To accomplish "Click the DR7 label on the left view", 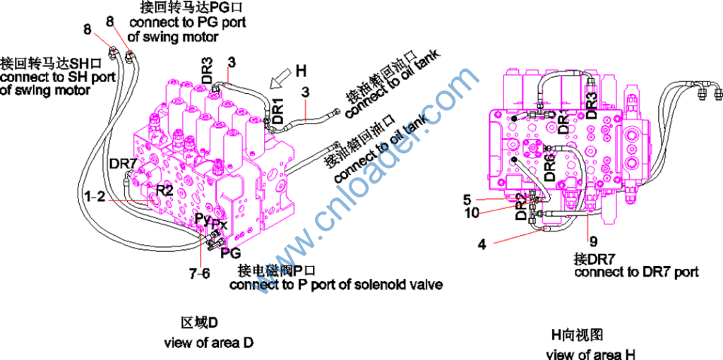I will pos(122,164).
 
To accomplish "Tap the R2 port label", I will pos(165,190).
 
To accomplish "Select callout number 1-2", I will pos(95,198).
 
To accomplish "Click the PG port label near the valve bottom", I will pos(231,252).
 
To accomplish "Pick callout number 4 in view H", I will pos(482,245).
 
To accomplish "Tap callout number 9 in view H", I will pos(592,240).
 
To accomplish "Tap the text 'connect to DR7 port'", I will pos(636,272).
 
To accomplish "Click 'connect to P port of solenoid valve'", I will pos(336,284).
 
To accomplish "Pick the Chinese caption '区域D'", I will pos(199,323).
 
